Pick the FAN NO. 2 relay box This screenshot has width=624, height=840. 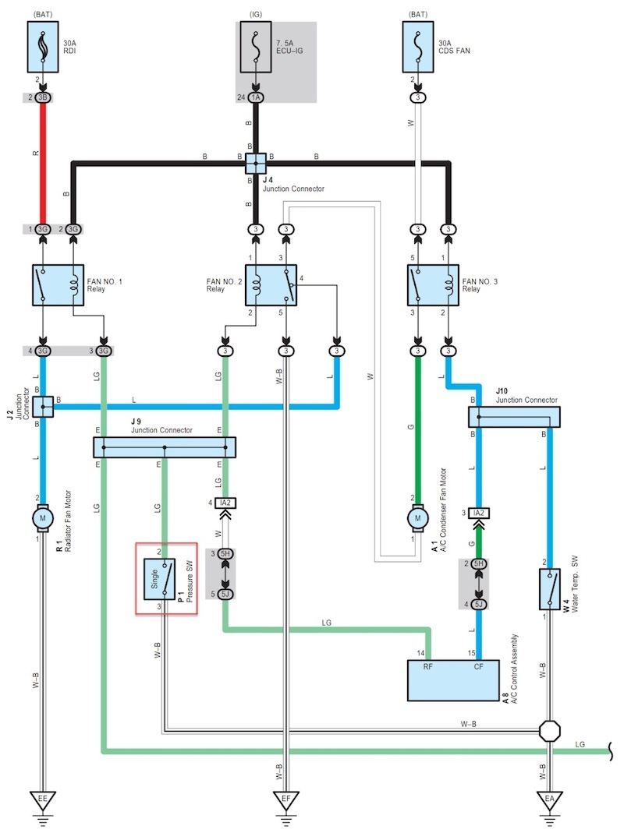pos(271,284)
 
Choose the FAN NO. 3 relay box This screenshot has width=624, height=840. pos(433,284)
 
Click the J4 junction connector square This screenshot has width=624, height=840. pos(256,163)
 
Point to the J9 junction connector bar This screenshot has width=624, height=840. pos(164,447)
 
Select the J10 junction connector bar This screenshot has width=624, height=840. pos(515,417)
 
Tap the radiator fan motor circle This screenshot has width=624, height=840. pos(43,517)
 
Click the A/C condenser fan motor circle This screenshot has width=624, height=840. pos(418,517)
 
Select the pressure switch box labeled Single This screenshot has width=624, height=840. pos(165,577)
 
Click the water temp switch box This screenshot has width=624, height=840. pos(550,588)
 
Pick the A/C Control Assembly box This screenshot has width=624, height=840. pos(454,679)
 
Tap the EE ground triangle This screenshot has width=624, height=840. pos(43,799)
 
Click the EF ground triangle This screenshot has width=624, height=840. pos(285,799)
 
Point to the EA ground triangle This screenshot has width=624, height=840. pos(550,799)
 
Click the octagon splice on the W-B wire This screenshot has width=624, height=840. pos(550,732)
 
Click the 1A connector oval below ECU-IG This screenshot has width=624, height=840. pos(256,97)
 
